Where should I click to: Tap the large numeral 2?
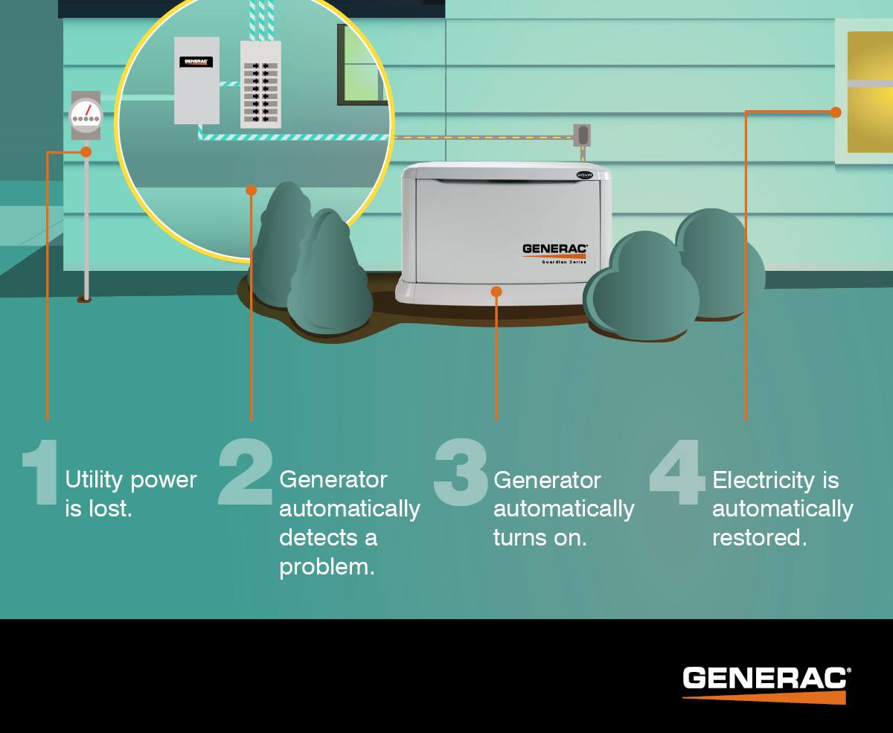[246, 473]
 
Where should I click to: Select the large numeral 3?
[461, 473]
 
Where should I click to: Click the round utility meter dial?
[86, 116]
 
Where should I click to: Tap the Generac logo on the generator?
[554, 249]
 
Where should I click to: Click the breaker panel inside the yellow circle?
[260, 84]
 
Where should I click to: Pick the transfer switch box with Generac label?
[196, 80]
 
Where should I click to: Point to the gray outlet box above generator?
[582, 135]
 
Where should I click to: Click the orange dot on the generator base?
[496, 292]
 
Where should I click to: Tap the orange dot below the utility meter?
[86, 152]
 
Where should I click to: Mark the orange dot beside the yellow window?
[836, 112]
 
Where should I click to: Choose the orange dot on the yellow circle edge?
[252, 191]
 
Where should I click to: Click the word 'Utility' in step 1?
[94, 481]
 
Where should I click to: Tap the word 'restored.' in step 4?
[759, 538]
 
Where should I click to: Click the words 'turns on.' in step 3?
[540, 538]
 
